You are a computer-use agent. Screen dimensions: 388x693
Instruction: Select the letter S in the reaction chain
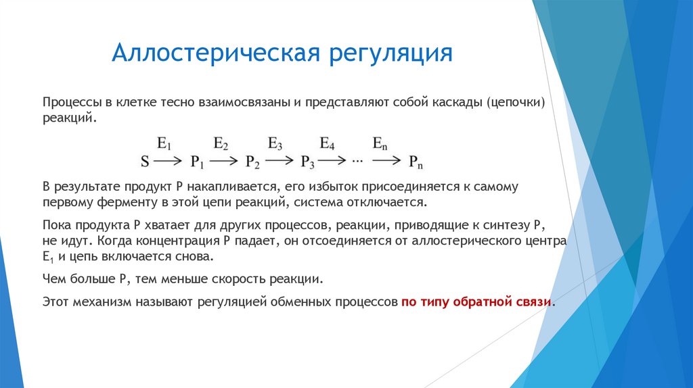[144, 162]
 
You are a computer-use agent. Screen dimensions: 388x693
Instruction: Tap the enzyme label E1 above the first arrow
[164, 143]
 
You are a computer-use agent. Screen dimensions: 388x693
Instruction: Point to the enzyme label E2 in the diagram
[221, 143]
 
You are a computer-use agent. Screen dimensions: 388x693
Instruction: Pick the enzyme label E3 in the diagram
[275, 143]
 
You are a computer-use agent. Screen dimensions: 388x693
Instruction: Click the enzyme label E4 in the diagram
[328, 143]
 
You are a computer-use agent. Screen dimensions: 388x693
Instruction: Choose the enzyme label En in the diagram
[381, 143]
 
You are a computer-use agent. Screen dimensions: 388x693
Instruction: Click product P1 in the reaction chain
[198, 163]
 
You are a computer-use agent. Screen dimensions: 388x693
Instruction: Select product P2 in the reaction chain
[252, 163]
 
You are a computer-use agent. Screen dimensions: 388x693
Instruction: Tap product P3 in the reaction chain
[307, 163]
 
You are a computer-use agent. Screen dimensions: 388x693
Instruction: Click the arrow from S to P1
[167, 162]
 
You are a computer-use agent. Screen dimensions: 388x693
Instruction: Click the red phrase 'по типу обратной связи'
[477, 302]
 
